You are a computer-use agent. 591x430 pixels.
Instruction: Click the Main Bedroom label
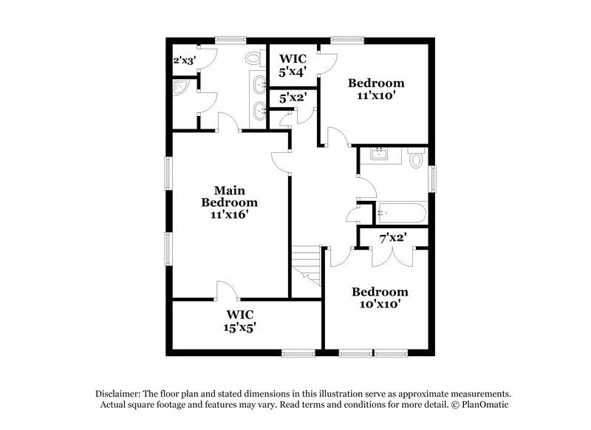230,196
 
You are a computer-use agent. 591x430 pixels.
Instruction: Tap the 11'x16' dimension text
230,214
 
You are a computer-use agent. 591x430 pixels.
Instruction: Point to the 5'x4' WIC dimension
293,72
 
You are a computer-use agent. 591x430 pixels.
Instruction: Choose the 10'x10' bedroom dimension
380,304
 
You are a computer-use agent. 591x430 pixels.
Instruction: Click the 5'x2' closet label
293,96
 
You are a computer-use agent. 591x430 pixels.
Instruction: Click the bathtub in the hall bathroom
402,214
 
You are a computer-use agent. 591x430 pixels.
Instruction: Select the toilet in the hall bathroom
417,157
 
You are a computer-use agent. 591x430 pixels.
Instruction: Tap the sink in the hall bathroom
381,154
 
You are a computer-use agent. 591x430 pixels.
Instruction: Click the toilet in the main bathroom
254,58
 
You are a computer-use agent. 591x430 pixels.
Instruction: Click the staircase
306,266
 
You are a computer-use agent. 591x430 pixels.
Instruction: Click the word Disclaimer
119,393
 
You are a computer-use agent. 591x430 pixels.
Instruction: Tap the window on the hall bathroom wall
433,177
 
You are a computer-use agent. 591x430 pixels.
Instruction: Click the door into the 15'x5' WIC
227,289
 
